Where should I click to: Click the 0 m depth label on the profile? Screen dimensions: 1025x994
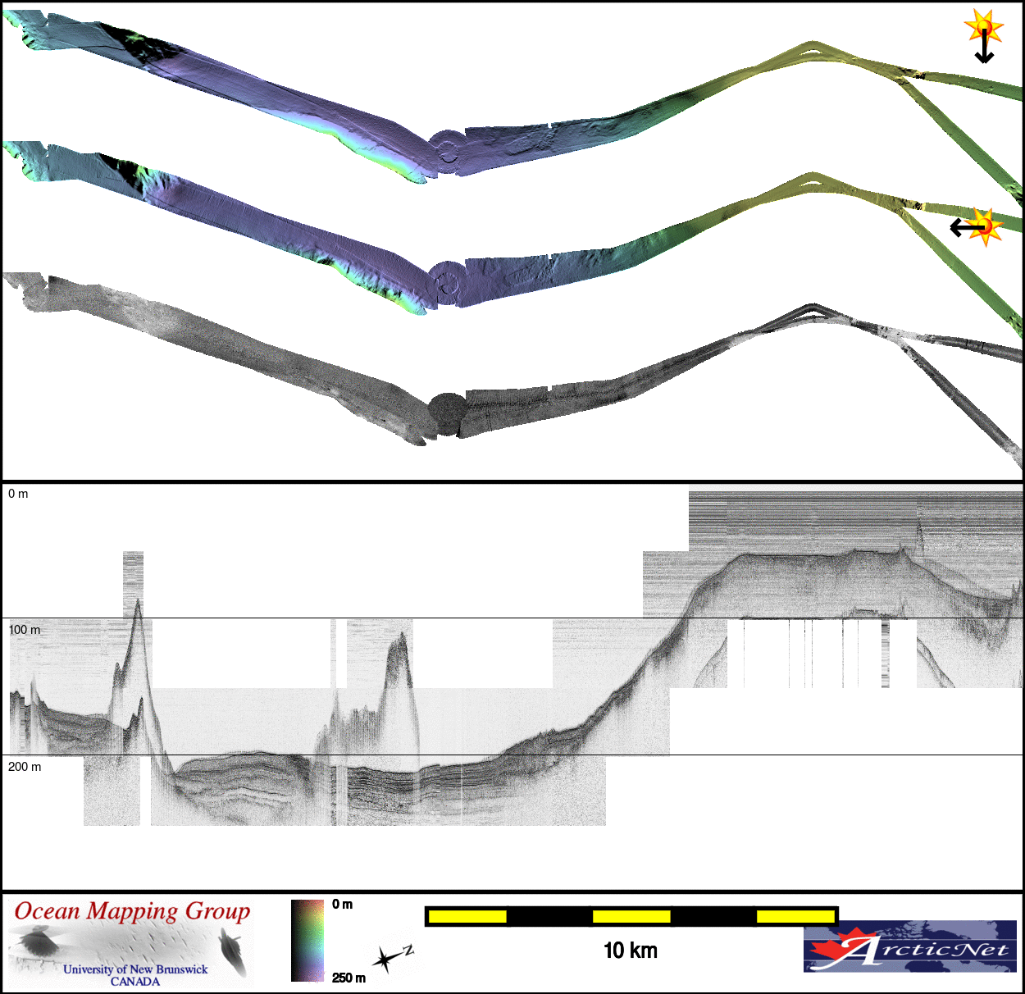(18, 494)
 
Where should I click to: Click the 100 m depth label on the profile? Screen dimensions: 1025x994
(25, 630)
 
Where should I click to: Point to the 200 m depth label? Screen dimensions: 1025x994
(25, 767)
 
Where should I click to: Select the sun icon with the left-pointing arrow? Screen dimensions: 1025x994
(977, 227)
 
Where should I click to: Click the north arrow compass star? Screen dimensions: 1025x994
(386, 960)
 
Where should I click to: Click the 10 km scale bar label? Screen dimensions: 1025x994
(631, 951)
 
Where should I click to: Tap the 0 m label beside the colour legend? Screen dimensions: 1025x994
(343, 905)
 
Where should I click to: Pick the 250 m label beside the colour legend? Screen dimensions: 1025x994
(348, 978)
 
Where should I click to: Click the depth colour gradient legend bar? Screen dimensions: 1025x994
(307, 940)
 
